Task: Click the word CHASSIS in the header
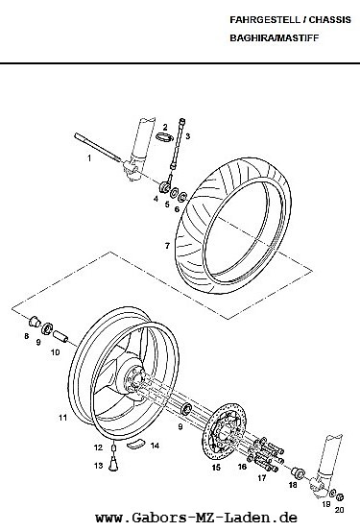(x=329, y=20)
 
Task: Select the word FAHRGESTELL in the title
(x=265, y=20)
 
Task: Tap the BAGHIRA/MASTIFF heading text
(x=275, y=37)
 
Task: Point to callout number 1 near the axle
(x=89, y=158)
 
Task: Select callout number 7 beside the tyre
(x=167, y=246)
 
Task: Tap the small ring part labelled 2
(x=164, y=137)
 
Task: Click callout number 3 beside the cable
(x=188, y=136)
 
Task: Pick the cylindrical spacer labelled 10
(x=60, y=337)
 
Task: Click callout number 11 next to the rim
(x=63, y=418)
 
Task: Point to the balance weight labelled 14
(x=135, y=443)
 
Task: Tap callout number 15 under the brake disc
(x=216, y=468)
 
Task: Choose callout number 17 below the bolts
(x=262, y=478)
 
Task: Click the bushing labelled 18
(x=298, y=472)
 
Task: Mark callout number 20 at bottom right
(x=339, y=510)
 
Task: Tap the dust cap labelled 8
(x=34, y=321)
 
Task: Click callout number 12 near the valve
(x=98, y=447)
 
